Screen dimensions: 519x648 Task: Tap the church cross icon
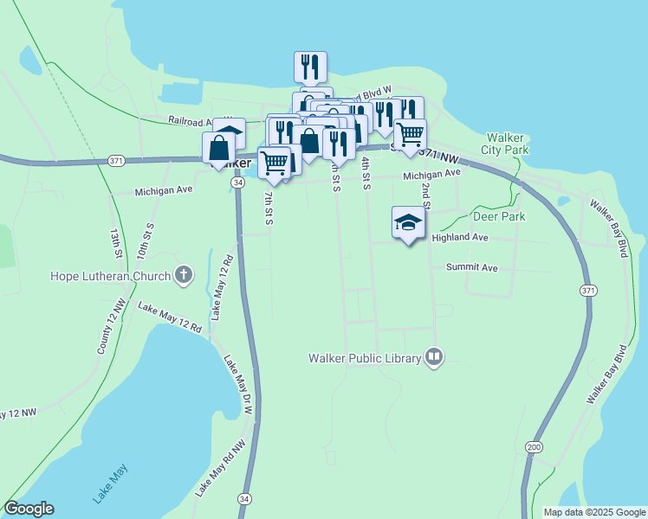(183, 276)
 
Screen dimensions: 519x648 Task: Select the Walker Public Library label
(364, 357)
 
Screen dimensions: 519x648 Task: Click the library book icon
(434, 356)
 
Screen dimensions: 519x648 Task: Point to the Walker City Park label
(507, 144)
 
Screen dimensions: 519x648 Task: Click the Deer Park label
(498, 216)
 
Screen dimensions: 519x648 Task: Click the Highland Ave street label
(460, 237)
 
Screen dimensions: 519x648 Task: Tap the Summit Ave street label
(471, 268)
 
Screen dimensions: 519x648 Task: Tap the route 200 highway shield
(534, 446)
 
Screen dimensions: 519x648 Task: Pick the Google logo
(29, 509)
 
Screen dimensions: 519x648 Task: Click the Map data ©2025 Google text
(593, 512)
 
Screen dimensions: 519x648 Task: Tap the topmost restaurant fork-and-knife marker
(310, 67)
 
